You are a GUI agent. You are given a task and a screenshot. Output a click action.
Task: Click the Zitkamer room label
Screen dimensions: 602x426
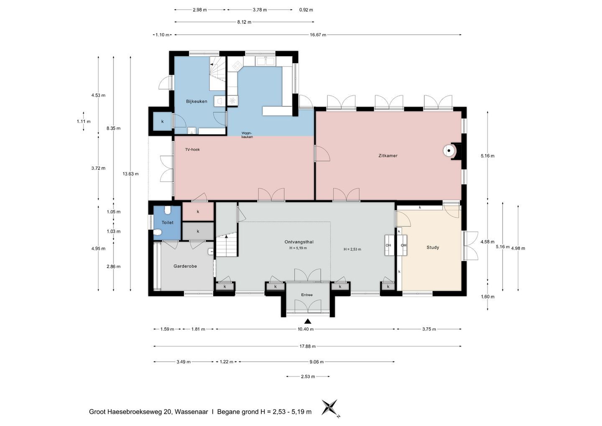[x=388, y=156]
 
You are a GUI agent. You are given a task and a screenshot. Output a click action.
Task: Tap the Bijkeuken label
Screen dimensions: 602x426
[x=196, y=101]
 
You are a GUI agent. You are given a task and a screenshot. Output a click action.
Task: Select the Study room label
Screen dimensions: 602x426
[x=433, y=247]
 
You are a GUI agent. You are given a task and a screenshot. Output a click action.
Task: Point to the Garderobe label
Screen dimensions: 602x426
[x=185, y=266]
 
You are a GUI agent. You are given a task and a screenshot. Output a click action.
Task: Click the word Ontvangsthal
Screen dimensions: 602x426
[x=299, y=242]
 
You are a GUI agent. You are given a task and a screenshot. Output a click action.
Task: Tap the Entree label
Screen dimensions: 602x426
[x=307, y=295]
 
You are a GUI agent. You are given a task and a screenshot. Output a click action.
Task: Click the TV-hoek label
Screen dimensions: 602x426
[x=192, y=149]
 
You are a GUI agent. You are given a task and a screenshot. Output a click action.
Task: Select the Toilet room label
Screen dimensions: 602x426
[x=167, y=223]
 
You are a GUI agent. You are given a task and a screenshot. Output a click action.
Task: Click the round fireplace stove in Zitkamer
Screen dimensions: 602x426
[x=449, y=151]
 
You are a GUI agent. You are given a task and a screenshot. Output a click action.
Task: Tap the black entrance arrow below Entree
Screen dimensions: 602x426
[x=308, y=321]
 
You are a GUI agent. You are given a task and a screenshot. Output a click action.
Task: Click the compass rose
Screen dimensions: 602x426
[x=330, y=408]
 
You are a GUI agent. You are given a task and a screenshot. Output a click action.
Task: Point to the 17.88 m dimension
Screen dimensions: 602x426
[x=307, y=346]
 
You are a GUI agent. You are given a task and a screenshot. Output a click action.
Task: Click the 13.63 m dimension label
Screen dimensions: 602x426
[x=130, y=174]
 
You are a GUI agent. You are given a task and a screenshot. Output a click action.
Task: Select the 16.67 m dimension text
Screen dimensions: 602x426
[x=318, y=35]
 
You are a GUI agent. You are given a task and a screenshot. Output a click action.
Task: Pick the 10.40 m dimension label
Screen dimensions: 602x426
[x=306, y=329]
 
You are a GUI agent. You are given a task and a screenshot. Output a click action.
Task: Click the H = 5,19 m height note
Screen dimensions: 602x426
[x=298, y=248]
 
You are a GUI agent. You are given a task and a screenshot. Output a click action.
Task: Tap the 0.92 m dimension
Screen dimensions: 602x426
[x=306, y=10]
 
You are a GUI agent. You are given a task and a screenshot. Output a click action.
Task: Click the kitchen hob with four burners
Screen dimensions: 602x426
[x=237, y=65]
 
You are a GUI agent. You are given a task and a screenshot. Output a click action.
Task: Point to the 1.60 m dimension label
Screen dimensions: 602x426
[x=487, y=297]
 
